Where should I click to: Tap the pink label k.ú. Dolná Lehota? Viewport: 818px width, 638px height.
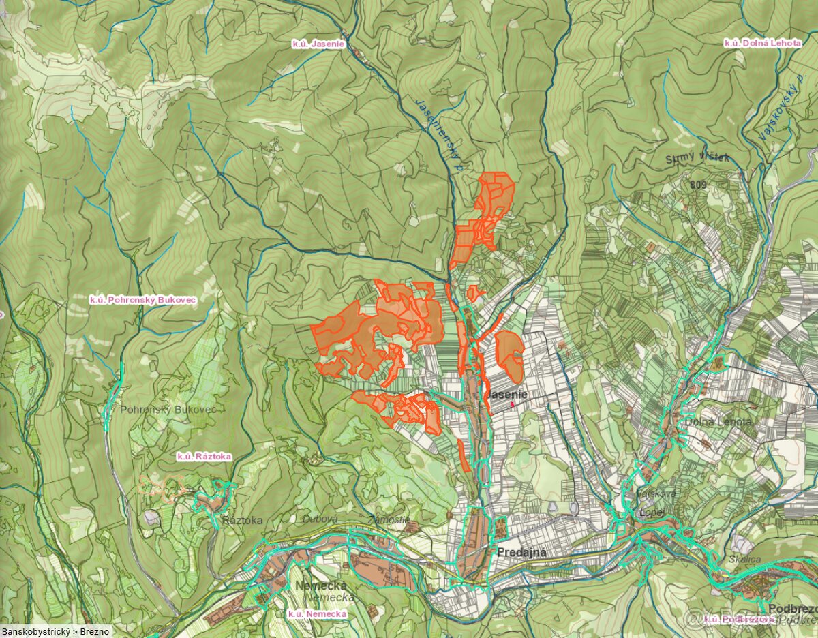click(x=762, y=43)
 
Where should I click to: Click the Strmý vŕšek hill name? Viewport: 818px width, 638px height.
click(x=697, y=159)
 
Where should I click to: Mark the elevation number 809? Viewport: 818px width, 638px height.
click(x=697, y=185)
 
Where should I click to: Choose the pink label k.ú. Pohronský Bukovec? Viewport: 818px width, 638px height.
click(x=143, y=299)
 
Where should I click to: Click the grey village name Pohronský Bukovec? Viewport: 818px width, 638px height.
click(x=168, y=410)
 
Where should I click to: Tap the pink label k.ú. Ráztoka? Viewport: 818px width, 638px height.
click(x=204, y=457)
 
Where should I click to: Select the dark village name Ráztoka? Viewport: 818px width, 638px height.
click(x=242, y=520)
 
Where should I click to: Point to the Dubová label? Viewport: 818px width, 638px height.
click(x=320, y=519)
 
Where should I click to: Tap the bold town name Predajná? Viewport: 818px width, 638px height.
click(x=521, y=553)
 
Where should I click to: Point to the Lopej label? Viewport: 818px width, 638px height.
click(x=648, y=512)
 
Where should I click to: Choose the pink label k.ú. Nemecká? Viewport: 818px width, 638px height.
click(x=317, y=613)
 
